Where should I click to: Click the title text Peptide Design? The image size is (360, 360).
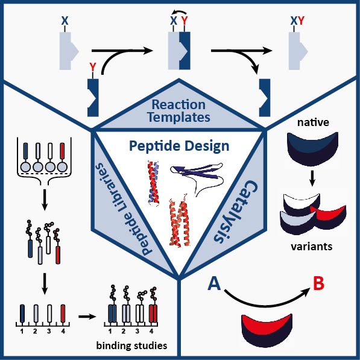click(179, 147)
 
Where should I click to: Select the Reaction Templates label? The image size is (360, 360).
click(178, 111)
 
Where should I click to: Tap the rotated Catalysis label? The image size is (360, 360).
click(236, 211)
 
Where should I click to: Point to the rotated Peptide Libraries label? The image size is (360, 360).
click(124, 209)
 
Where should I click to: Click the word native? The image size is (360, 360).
click(313, 122)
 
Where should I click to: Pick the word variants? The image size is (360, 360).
click(312, 247)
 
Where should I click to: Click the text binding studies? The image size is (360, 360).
click(131, 346)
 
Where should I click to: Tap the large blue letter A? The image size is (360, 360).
click(214, 283)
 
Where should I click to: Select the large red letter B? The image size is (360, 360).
click(318, 283)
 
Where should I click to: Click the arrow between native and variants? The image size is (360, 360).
click(312, 178)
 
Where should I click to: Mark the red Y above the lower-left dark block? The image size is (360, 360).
click(92, 68)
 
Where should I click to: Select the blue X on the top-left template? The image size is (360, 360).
click(65, 21)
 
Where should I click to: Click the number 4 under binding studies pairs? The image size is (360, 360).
click(151, 331)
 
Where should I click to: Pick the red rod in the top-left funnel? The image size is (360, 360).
click(62, 151)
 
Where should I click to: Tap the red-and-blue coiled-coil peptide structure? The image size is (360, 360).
click(153, 183)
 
